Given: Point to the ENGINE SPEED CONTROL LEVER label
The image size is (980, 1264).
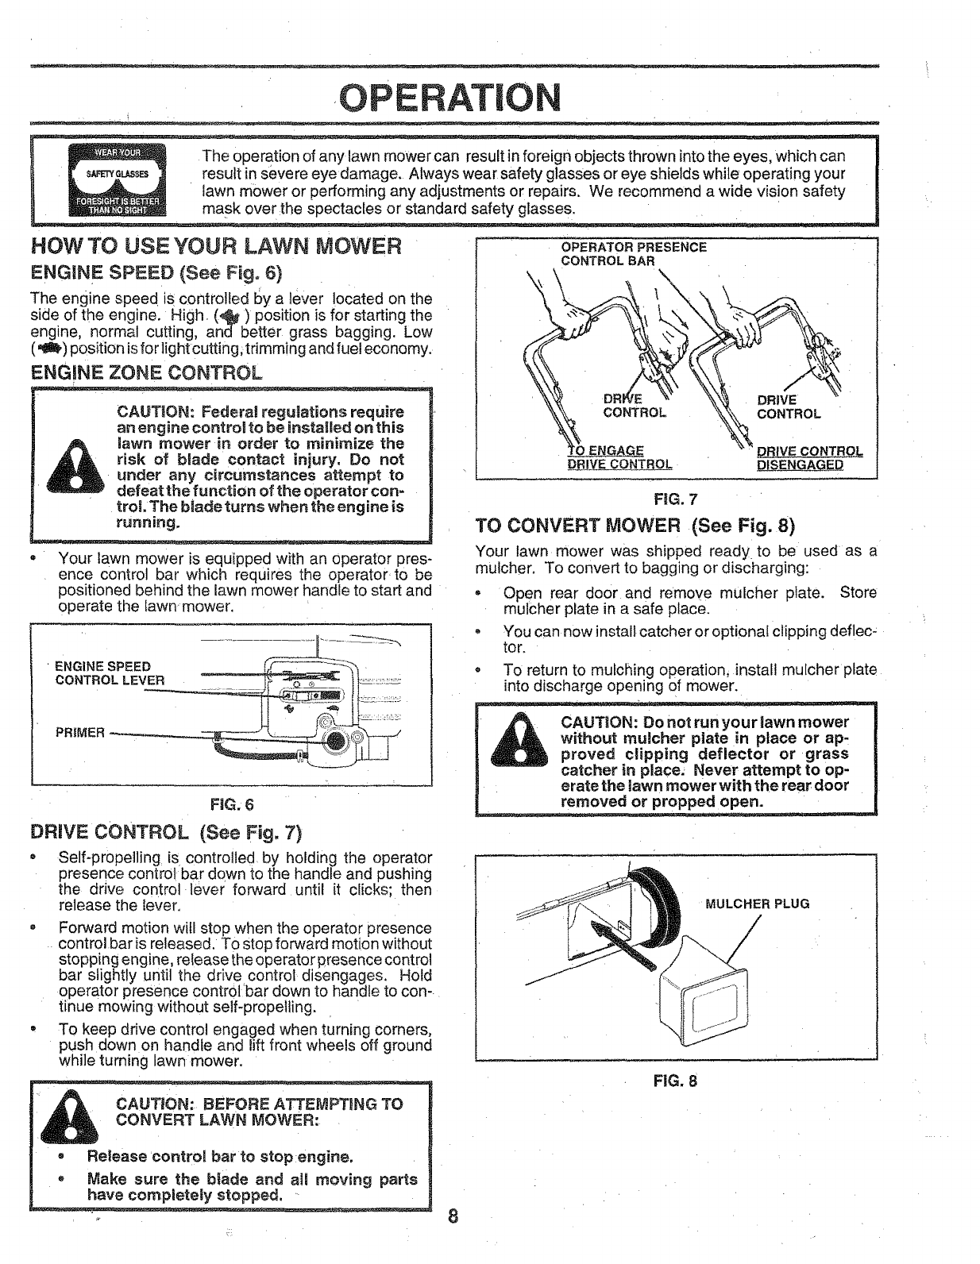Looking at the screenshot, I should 110,672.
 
